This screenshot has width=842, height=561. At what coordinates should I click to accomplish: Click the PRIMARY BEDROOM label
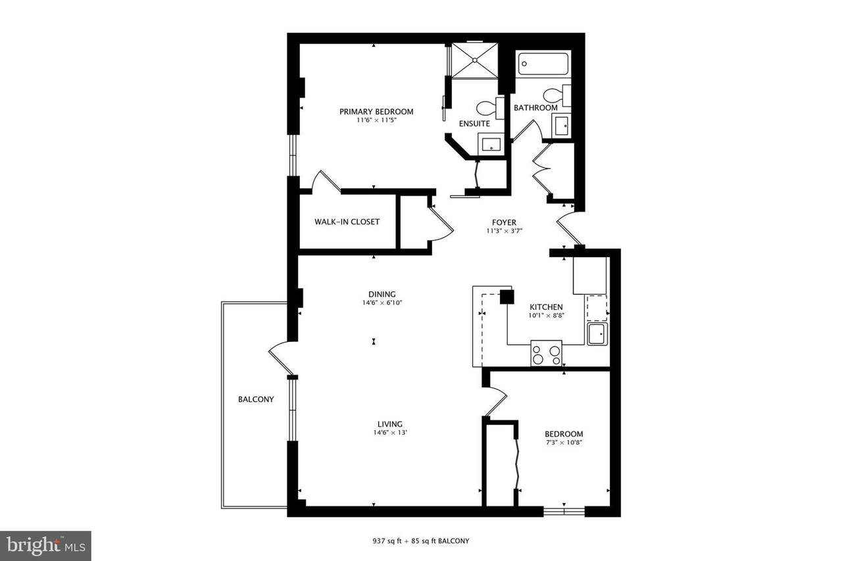[376, 112]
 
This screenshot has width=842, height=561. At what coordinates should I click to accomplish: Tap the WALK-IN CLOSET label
[347, 222]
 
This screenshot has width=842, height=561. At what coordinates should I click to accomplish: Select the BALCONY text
[256, 399]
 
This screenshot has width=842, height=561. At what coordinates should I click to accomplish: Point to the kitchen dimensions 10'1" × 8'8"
[546, 316]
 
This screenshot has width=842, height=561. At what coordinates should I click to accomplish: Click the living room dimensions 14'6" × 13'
[390, 433]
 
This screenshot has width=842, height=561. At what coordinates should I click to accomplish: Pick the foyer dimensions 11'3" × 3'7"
[504, 231]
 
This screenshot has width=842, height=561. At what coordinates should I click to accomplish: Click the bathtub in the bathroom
[543, 64]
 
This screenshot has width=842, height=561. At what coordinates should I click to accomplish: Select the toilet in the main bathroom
[557, 95]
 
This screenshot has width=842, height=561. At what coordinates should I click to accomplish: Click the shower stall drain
[475, 60]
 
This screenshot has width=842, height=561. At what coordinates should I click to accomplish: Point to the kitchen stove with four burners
[546, 353]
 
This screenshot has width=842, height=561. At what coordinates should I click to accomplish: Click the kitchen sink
[597, 334]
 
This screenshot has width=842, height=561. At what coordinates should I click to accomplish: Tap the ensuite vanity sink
[491, 145]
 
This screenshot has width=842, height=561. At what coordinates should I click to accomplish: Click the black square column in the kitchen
[507, 297]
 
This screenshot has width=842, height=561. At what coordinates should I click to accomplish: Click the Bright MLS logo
[45, 546]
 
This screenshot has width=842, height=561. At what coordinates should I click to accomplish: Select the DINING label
[382, 294]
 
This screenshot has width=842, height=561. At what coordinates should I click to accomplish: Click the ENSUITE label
[474, 124]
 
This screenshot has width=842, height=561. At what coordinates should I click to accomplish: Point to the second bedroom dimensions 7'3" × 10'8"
[564, 443]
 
